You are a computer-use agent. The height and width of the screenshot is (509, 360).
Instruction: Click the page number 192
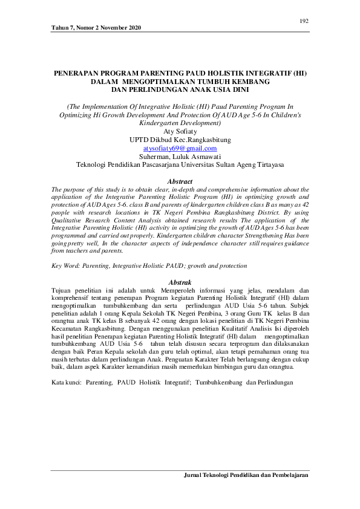tap(304, 21)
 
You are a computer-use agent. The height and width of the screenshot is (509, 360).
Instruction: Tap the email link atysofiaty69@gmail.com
tap(180, 148)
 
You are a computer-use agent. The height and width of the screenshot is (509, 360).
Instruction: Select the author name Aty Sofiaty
tap(180, 131)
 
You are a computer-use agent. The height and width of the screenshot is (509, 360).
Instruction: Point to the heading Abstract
tap(180, 181)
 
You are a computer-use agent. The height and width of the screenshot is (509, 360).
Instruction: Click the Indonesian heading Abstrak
tap(180, 282)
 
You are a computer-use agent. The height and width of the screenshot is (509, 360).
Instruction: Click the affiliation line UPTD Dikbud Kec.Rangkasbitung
tap(180, 139)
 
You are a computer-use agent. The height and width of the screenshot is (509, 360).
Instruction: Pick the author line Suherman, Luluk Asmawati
tap(180, 156)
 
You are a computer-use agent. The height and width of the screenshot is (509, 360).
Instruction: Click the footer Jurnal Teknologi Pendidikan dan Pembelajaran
tap(246, 476)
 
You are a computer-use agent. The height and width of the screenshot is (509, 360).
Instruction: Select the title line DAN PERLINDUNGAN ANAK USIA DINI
tap(180, 88)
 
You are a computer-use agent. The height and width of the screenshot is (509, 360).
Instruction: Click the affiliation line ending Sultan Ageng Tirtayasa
tap(180, 164)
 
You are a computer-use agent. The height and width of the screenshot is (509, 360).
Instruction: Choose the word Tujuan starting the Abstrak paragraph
tap(62, 290)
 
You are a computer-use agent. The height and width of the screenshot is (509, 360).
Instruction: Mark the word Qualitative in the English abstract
tap(70, 221)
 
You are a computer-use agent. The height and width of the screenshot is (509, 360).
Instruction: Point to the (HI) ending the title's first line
tap(299, 73)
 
